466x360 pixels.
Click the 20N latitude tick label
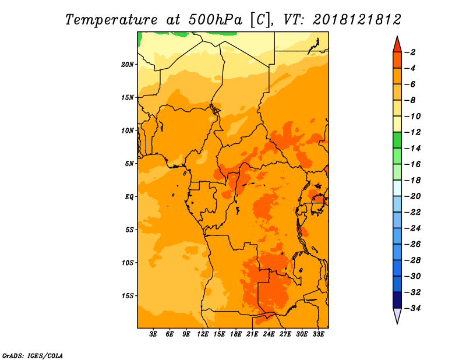pyautogui.click(x=128, y=65)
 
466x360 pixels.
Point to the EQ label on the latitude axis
pyautogui.click(x=129, y=197)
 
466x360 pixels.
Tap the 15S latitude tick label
pyautogui.click(x=128, y=296)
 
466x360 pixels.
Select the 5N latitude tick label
pyautogui.click(x=129, y=164)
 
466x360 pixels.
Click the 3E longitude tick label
pyautogui.click(x=153, y=334)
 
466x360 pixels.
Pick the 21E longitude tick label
pyautogui.click(x=252, y=334)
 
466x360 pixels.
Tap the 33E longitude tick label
pyautogui.click(x=318, y=334)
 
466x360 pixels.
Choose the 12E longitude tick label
pyautogui.click(x=203, y=334)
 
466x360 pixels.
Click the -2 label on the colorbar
pyautogui.click(x=411, y=52)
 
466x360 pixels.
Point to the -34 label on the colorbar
pyautogui.click(x=412, y=308)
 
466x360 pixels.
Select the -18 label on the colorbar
pyautogui.click(x=412, y=180)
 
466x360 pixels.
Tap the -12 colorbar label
pyautogui.click(x=412, y=132)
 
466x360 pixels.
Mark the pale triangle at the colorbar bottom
pyautogui.click(x=397, y=315)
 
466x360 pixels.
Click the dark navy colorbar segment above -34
pyautogui.click(x=397, y=300)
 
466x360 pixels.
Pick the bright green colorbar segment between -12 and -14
pyautogui.click(x=397, y=140)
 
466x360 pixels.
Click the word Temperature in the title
pyautogui.click(x=111, y=20)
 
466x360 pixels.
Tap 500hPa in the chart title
pyautogui.click(x=215, y=20)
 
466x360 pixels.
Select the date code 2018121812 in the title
pyautogui.click(x=357, y=20)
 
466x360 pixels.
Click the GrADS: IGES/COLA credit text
pyautogui.click(x=33, y=356)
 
